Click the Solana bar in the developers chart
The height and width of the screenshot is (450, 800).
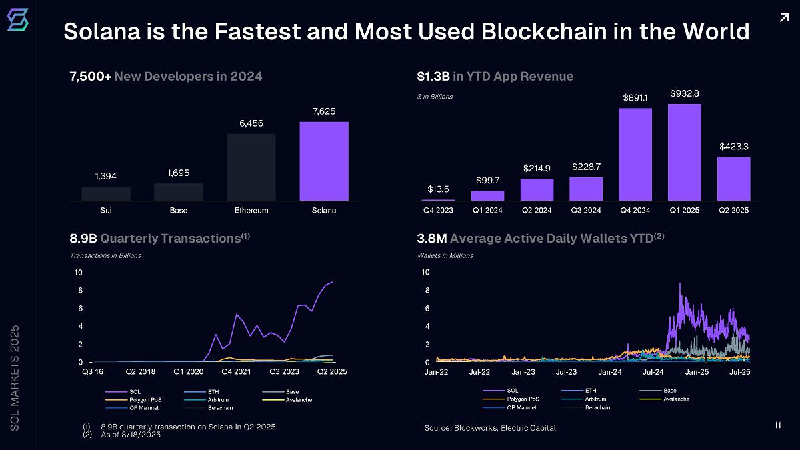(324, 161)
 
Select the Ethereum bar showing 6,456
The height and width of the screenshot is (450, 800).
(251, 167)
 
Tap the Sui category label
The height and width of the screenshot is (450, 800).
(106, 211)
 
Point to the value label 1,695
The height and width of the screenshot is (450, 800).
(179, 173)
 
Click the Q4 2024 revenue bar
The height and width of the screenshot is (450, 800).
(635, 154)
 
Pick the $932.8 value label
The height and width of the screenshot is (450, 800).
(685, 93)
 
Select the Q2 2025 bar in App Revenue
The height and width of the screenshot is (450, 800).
(733, 178)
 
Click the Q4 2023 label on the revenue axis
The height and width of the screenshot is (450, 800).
(439, 211)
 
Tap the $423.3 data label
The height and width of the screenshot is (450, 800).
(733, 146)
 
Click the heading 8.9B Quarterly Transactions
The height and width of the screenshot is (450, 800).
(159, 239)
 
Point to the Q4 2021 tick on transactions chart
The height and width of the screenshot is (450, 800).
(236, 371)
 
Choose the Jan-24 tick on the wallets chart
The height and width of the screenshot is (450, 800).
(610, 371)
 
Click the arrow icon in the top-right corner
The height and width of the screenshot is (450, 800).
(783, 18)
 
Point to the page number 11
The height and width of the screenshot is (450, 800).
(777, 425)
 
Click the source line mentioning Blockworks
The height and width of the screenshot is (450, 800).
(490, 427)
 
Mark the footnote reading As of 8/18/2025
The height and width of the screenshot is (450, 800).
(131, 435)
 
